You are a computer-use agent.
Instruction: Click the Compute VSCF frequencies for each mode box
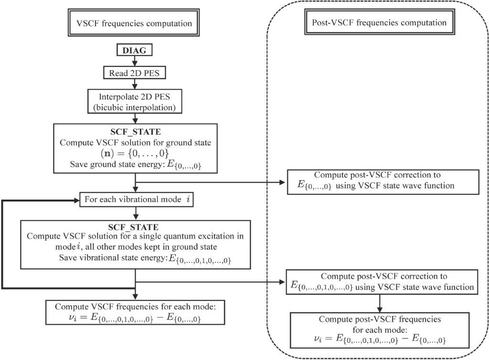[x=136, y=312]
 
